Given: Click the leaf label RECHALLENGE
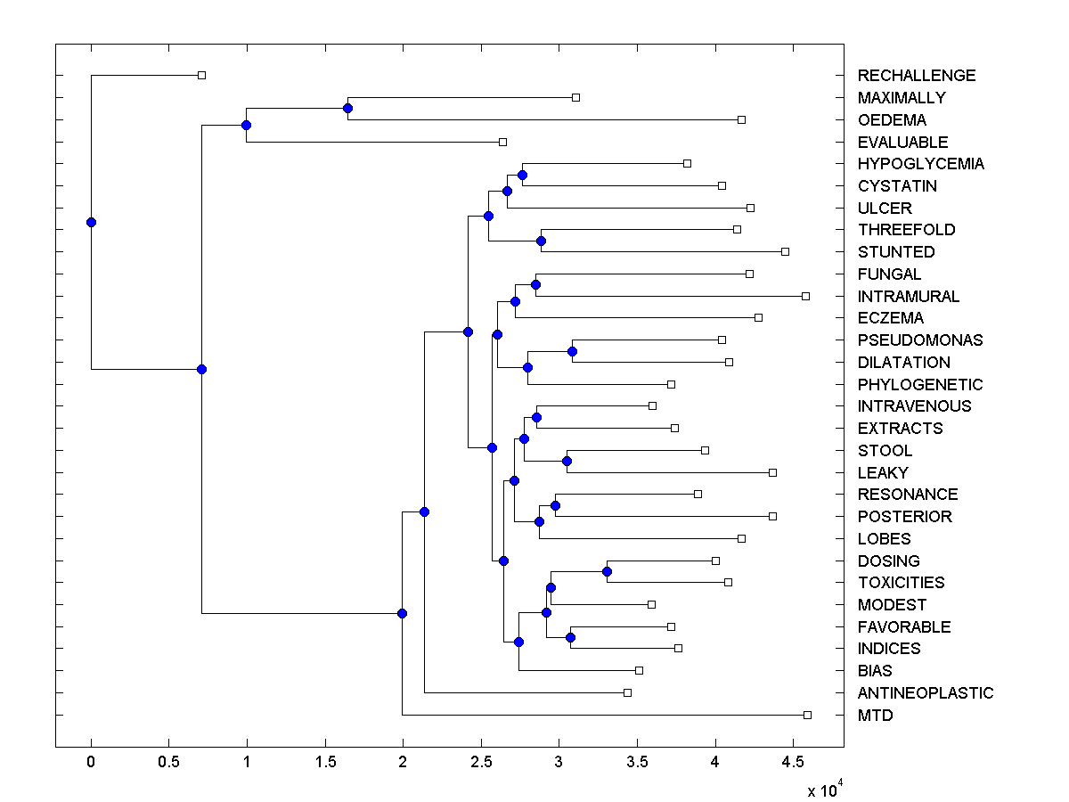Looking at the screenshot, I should [917, 76].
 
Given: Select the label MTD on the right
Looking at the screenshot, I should [875, 716].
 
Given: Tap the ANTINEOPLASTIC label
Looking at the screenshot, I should [926, 693].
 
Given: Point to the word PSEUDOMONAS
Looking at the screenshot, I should [920, 340].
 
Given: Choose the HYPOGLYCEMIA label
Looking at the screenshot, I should [921, 164].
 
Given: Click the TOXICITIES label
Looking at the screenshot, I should [902, 583].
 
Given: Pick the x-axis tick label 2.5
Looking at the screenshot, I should [481, 761].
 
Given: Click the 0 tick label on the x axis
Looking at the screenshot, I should [91, 761].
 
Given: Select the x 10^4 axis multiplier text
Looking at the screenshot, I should [825, 790].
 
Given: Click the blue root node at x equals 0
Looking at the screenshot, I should [91, 222].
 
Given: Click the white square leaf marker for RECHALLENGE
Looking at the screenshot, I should [201, 75].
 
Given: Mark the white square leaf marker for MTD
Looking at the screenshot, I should [807, 715].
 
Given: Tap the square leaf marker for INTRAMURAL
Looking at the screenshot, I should [805, 296].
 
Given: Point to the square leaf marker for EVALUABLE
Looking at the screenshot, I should [502, 142].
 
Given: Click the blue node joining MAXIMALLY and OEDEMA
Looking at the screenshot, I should [347, 108].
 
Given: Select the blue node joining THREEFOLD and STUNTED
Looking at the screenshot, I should [541, 241].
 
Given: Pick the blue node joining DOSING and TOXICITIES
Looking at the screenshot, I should [607, 571].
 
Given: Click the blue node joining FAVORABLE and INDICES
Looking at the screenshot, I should [570, 637].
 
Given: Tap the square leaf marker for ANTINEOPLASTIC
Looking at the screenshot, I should [627, 692].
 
